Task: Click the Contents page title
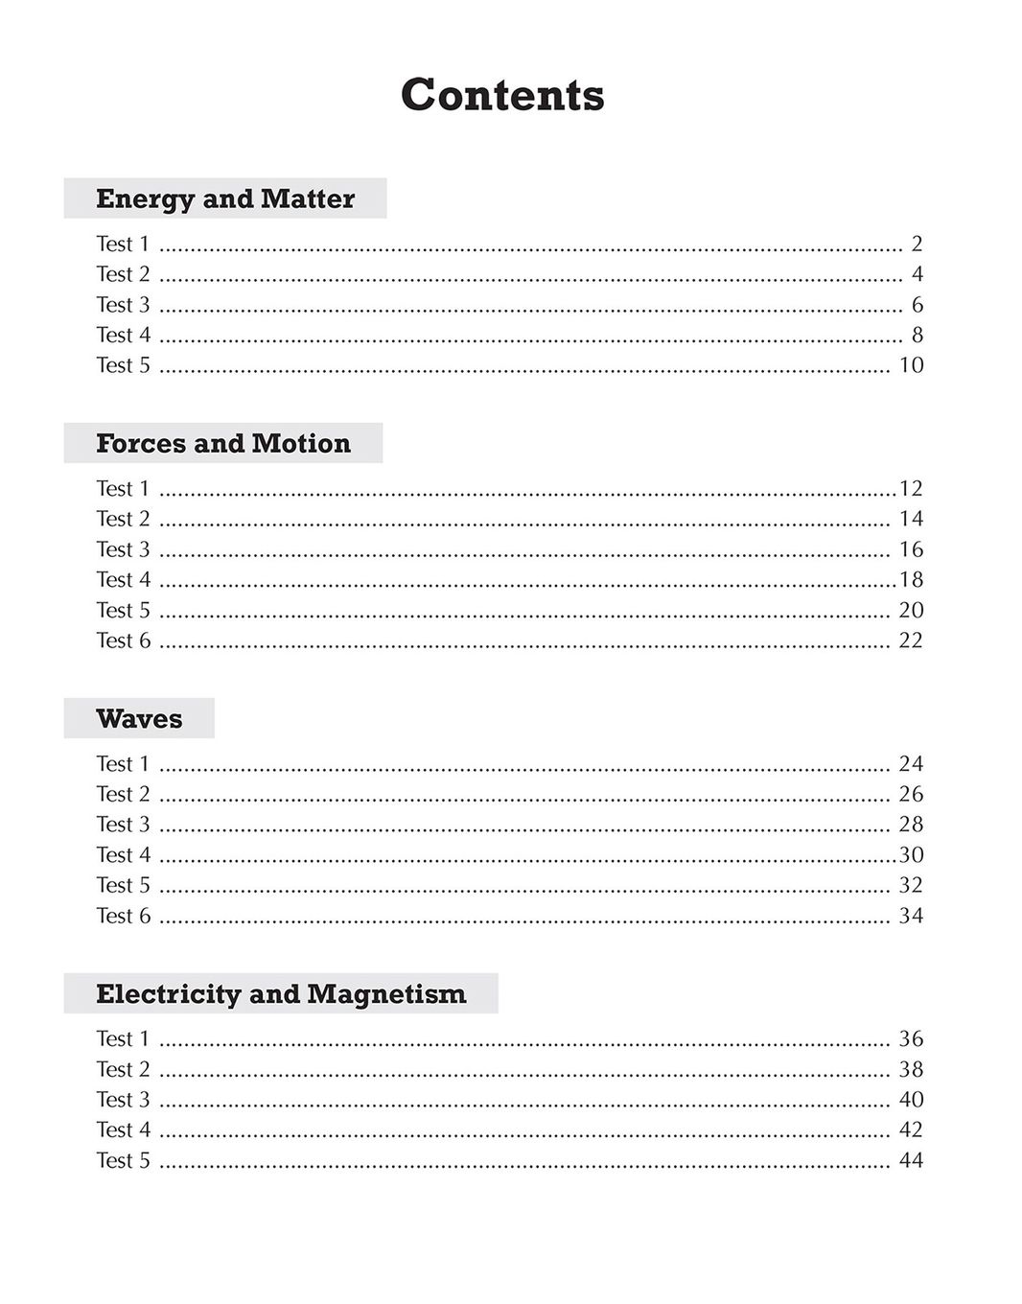coord(502,95)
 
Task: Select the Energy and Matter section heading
coord(225,198)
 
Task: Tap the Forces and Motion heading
coord(223,443)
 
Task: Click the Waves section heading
coord(139,718)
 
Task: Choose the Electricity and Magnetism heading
coord(281,993)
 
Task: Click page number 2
coord(917,244)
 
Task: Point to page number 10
coord(911,365)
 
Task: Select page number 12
coord(911,488)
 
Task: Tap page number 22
coord(911,640)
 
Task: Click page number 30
coord(911,854)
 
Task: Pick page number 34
coord(911,916)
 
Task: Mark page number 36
coord(911,1038)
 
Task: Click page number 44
coord(911,1160)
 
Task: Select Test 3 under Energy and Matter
coord(123,305)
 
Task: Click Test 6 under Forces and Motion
coord(123,640)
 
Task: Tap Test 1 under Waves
coord(123,763)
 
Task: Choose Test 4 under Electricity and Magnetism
coord(123,1129)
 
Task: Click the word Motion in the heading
coord(301,443)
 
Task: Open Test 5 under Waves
coord(123,885)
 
